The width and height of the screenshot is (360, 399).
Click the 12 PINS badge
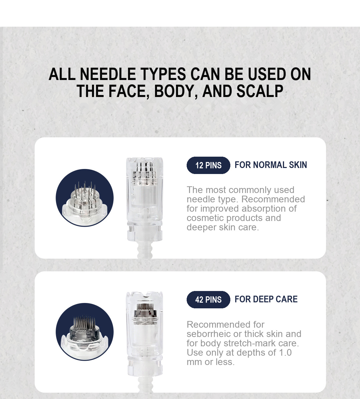[208, 165]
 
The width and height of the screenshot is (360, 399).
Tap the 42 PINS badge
[208, 300]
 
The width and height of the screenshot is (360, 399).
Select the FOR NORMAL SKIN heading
[271, 165]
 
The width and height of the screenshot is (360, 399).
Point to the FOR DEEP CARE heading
[266, 299]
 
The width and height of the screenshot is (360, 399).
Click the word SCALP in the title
[260, 91]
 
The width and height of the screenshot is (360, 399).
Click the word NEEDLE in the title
[108, 74]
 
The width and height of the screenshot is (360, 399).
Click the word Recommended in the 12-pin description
[273, 199]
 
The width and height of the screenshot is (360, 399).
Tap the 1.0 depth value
[285, 353]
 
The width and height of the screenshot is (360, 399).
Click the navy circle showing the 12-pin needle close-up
[85, 198]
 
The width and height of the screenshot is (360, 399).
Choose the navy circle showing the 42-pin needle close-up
[85, 332]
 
